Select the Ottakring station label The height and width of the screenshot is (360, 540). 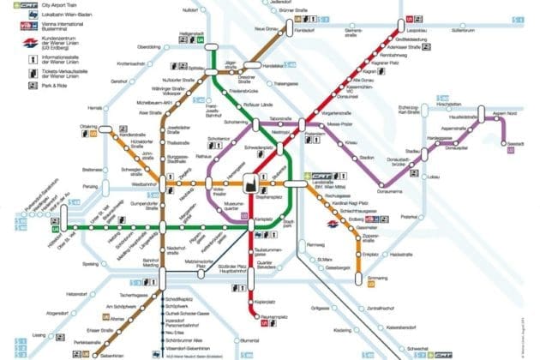click(x=112, y=126)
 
